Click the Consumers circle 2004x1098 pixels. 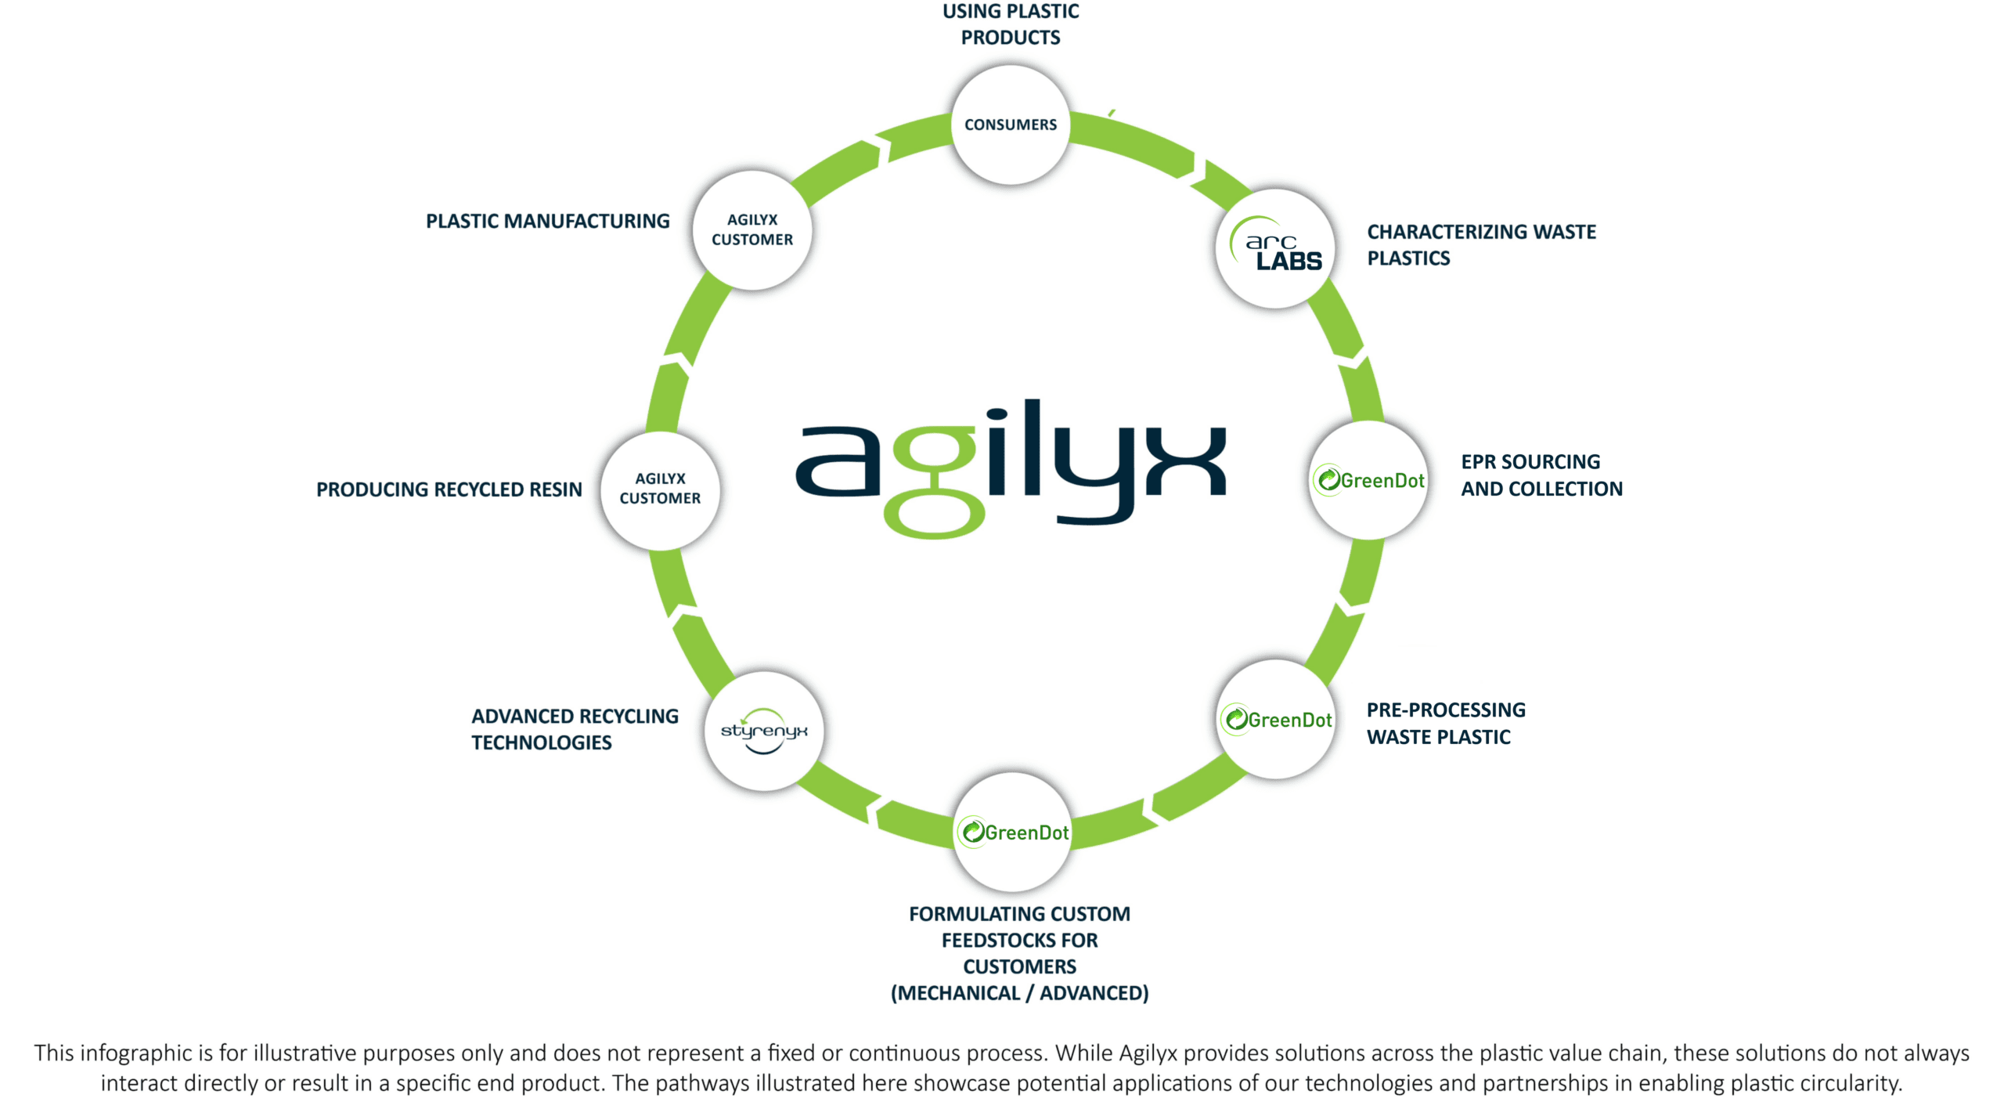click(1010, 125)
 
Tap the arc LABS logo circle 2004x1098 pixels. click(1275, 248)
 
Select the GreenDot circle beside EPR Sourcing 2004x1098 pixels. click(1369, 480)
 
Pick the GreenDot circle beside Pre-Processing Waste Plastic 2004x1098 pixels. click(1276, 719)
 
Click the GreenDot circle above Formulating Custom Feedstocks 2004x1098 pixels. click(1012, 832)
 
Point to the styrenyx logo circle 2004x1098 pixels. click(764, 731)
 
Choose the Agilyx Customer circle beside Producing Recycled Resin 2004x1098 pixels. click(660, 489)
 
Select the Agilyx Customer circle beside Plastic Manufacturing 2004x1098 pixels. click(752, 230)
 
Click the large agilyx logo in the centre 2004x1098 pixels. click(1011, 468)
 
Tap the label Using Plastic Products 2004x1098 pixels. click(1011, 24)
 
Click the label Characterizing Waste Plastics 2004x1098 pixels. click(1481, 244)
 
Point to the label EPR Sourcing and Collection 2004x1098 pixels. click(1541, 475)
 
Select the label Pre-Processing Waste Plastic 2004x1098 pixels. click(1446, 723)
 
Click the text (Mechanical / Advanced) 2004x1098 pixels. click(1019, 993)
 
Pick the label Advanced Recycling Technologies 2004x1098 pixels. click(575, 729)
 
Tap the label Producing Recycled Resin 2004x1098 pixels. click(449, 489)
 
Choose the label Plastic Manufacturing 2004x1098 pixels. click(547, 222)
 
